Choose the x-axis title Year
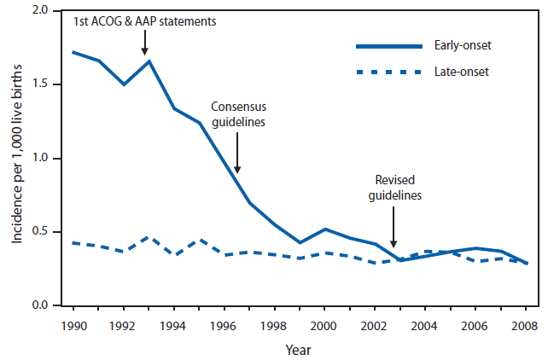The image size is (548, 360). click(x=298, y=349)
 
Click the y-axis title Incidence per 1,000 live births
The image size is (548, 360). click(x=17, y=158)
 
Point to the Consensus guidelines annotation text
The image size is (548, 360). click(x=239, y=115)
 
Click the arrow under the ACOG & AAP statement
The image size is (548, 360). click(x=145, y=41)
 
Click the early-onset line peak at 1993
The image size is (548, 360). click(x=149, y=61)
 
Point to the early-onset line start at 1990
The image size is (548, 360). click(x=73, y=52)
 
